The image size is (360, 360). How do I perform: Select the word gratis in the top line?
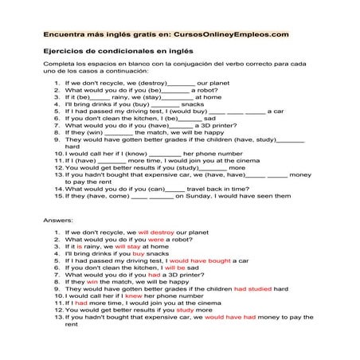pyautogui.click(x=129, y=34)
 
